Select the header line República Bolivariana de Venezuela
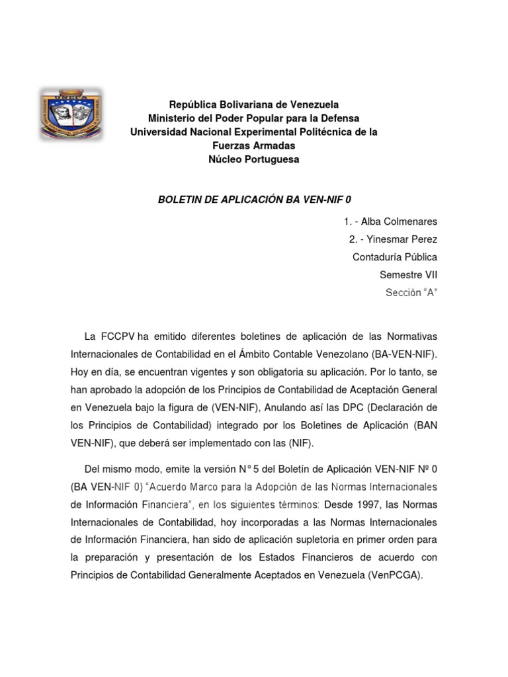coord(254,104)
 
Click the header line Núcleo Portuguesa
coord(254,159)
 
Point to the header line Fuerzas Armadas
coord(254,145)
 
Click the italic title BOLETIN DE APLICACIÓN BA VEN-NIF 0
coord(254,199)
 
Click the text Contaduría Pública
coord(395,257)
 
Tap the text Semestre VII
coord(408,274)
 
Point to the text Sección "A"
coord(411,292)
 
